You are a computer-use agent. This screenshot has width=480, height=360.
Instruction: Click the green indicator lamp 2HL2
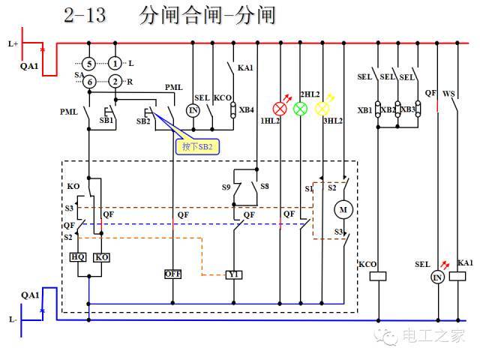[301, 109]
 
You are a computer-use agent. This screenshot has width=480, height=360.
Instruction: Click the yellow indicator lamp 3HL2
[323, 109]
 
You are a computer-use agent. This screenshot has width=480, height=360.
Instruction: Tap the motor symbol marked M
[346, 209]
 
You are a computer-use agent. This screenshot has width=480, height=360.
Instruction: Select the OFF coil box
[173, 274]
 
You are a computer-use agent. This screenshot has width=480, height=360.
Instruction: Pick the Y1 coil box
[235, 274]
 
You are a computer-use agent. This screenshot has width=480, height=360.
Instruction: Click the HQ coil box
[78, 257]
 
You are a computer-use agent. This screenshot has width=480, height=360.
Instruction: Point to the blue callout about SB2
[197, 146]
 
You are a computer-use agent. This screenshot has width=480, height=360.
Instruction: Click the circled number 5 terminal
[89, 64]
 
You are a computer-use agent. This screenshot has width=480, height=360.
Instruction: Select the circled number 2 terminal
[115, 81]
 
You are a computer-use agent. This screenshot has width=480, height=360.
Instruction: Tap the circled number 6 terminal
[89, 81]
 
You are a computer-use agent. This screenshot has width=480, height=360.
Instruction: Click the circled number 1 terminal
[115, 64]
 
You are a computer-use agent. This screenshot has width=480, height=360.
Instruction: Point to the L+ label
[13, 43]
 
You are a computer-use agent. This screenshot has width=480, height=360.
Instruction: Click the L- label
[13, 319]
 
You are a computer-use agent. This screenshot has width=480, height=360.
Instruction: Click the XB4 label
[247, 110]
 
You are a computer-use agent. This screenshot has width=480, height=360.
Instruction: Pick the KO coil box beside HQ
[102, 257]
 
